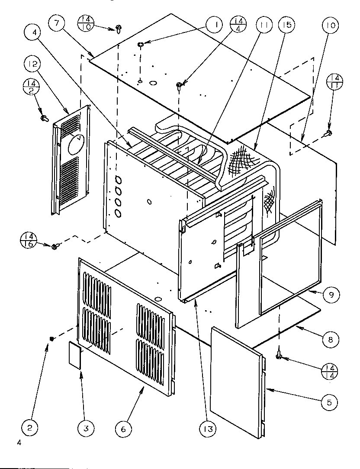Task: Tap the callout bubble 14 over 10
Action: coord(85,22)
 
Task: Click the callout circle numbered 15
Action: coord(286,25)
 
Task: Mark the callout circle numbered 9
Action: coord(331,295)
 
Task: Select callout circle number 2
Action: coord(30,429)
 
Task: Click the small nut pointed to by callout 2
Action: coord(52,338)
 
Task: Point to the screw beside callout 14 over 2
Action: coord(43,117)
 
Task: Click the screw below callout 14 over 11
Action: coord(329,133)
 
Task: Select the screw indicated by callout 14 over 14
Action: coord(280,355)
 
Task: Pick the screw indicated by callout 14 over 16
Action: coord(55,247)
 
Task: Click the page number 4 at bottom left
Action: coord(19,443)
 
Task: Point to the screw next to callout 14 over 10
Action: coord(118,29)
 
